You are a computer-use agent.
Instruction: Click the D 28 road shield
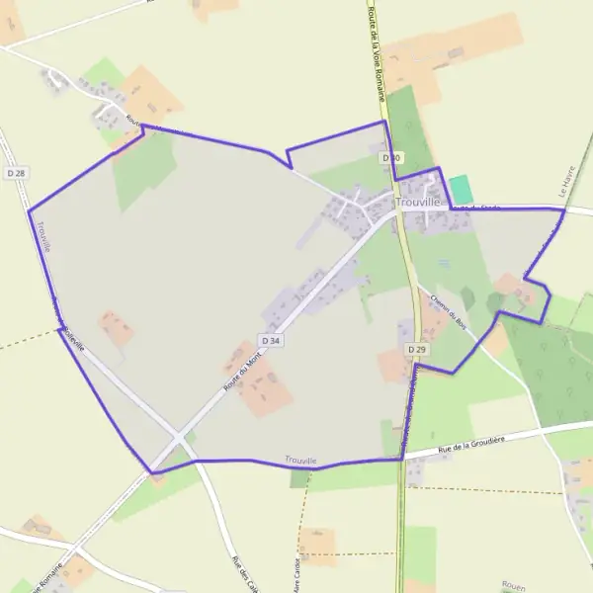pyautogui.click(x=15, y=173)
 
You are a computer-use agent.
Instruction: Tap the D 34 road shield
pyautogui.click(x=273, y=340)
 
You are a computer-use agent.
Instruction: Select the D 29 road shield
pyautogui.click(x=416, y=350)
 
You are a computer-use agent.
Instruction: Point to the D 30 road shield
pyautogui.click(x=390, y=158)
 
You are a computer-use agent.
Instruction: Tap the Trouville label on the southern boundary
pyautogui.click(x=300, y=461)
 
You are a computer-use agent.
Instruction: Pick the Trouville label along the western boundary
pyautogui.click(x=42, y=238)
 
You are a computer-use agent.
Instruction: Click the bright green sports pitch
pyautogui.click(x=461, y=190)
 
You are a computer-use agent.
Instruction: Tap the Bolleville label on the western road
pyautogui.click(x=69, y=330)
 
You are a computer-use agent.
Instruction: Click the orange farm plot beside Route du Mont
pyautogui.click(x=259, y=385)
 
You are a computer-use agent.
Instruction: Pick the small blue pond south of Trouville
pyautogui.click(x=444, y=264)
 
